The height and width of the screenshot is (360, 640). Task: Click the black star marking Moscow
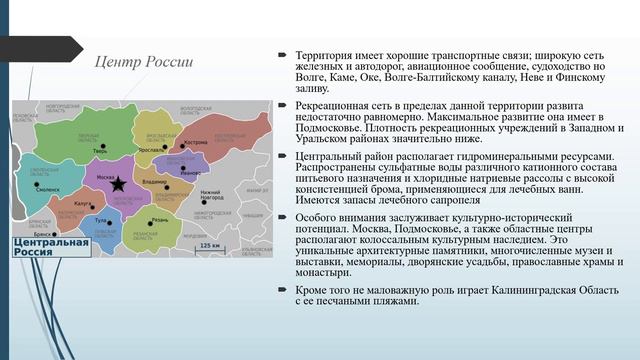[119, 184]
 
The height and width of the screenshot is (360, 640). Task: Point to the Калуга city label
[83, 203]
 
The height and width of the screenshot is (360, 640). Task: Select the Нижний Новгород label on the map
[210, 194]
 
